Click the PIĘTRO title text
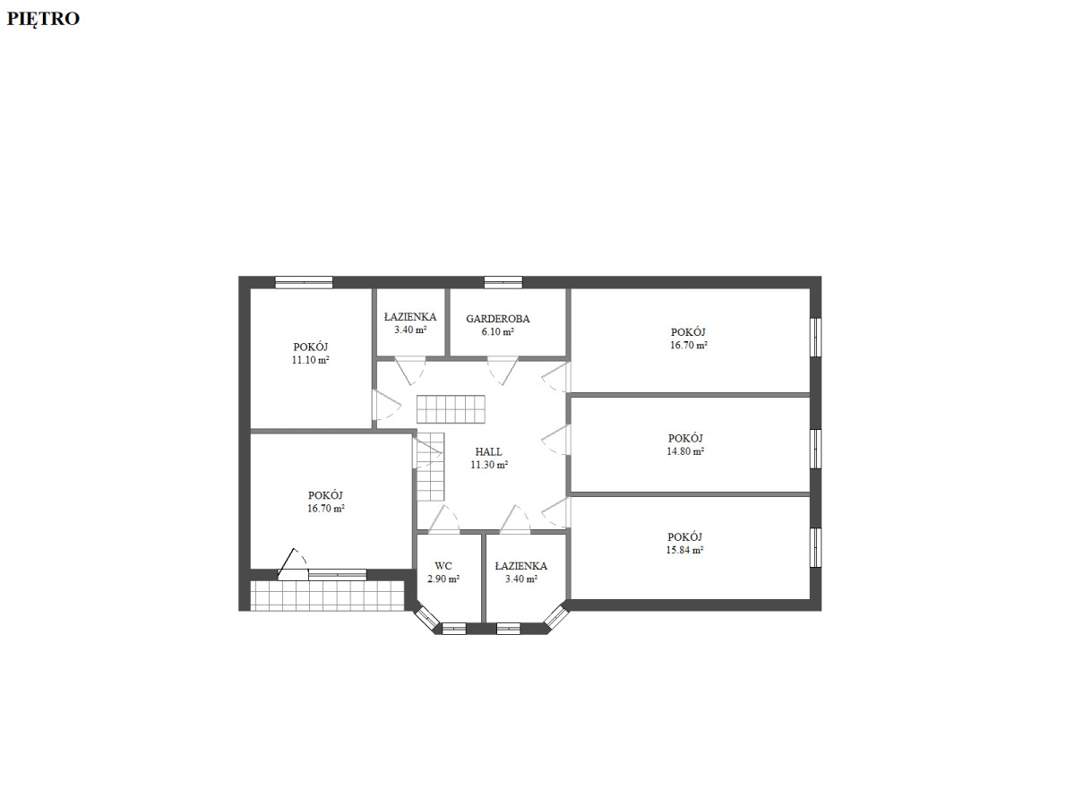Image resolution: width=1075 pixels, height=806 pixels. (43, 19)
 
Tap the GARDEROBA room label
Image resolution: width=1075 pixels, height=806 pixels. (497, 319)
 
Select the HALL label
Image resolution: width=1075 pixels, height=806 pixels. (488, 451)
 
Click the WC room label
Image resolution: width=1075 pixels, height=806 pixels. (443, 566)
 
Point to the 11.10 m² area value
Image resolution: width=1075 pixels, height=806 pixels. (311, 360)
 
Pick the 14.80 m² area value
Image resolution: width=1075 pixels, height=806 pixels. (685, 451)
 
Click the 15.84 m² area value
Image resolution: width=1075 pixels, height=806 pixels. (684, 550)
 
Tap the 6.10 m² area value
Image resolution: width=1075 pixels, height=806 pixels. (497, 331)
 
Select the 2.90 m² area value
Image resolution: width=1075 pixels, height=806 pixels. (443, 579)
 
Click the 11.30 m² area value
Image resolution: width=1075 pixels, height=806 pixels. (489, 465)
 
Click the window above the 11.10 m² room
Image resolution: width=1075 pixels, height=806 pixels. (304, 282)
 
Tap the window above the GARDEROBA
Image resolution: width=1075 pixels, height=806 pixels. (503, 282)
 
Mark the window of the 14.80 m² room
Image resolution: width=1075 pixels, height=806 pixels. (815, 449)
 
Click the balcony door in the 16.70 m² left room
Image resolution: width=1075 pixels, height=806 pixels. (293, 565)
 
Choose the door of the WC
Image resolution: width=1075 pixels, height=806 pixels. (443, 519)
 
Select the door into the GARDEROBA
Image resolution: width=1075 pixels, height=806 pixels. (503, 372)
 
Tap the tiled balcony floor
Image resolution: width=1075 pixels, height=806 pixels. (327, 596)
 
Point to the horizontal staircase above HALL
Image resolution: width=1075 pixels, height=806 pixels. (451, 409)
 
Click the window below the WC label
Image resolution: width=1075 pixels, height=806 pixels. (454, 629)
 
